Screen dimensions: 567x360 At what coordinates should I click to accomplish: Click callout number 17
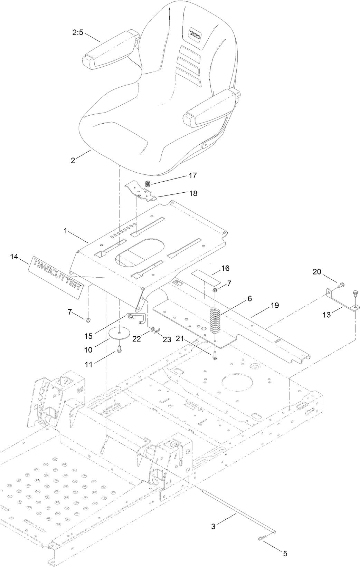point(193,176)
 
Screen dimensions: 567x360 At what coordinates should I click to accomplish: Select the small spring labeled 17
point(148,184)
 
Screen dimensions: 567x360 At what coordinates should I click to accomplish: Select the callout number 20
point(317,272)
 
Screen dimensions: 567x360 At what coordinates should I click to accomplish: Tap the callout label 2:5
point(77,33)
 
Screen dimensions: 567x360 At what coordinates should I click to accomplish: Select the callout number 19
point(275,306)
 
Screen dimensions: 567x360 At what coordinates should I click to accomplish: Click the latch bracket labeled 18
point(142,192)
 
